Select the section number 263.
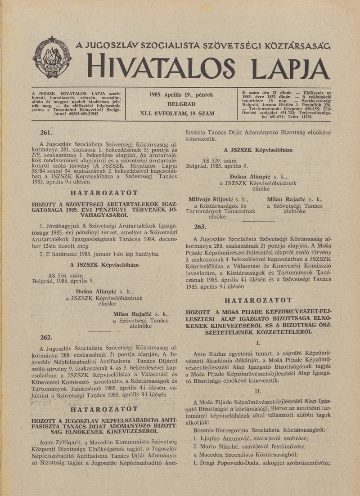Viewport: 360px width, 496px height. click(200, 226)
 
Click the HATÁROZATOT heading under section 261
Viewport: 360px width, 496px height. click(103, 193)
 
